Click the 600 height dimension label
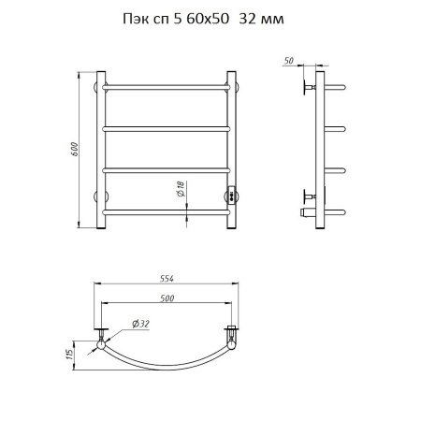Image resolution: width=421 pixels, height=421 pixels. point(74,149)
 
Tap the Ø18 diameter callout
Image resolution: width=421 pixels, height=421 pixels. point(181,189)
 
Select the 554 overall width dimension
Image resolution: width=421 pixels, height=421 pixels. point(167,279)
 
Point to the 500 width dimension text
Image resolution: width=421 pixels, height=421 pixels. point(167,298)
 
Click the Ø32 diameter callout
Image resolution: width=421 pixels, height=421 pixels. point(140,324)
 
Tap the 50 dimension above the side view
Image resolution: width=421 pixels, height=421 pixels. point(289,61)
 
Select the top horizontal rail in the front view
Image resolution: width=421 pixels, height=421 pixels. point(167,87)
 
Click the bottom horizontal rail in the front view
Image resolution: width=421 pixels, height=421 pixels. point(167,212)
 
